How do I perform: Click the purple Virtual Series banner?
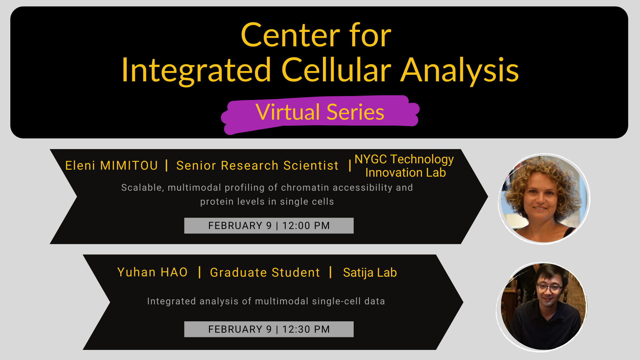320,112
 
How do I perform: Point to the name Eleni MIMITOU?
111,166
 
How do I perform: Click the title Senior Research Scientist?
257,166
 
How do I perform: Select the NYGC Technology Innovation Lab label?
404,166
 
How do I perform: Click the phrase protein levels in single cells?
267,202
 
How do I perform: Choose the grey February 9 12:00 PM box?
269,226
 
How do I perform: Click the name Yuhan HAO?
152,272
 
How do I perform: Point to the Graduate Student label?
265,272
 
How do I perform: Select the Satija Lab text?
370,272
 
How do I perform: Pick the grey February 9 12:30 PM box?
269,329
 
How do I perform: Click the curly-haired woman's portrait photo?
544,199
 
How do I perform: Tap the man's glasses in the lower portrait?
549,287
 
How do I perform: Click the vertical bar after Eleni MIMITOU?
166,165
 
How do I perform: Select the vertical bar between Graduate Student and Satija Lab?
330,272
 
